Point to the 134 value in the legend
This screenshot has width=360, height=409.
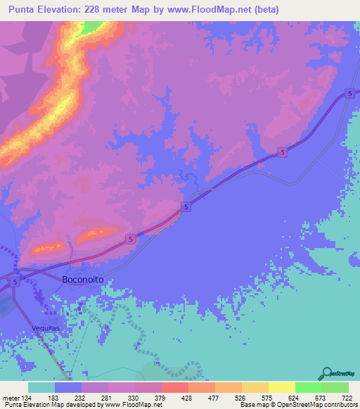click(x=27, y=397)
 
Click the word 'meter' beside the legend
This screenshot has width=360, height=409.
click(x=9, y=397)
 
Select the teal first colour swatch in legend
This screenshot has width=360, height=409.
click(x=41, y=387)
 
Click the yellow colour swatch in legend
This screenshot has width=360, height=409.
click(x=281, y=387)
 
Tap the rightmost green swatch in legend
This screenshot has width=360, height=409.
click(x=335, y=387)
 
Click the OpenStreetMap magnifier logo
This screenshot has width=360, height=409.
click(x=326, y=373)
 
